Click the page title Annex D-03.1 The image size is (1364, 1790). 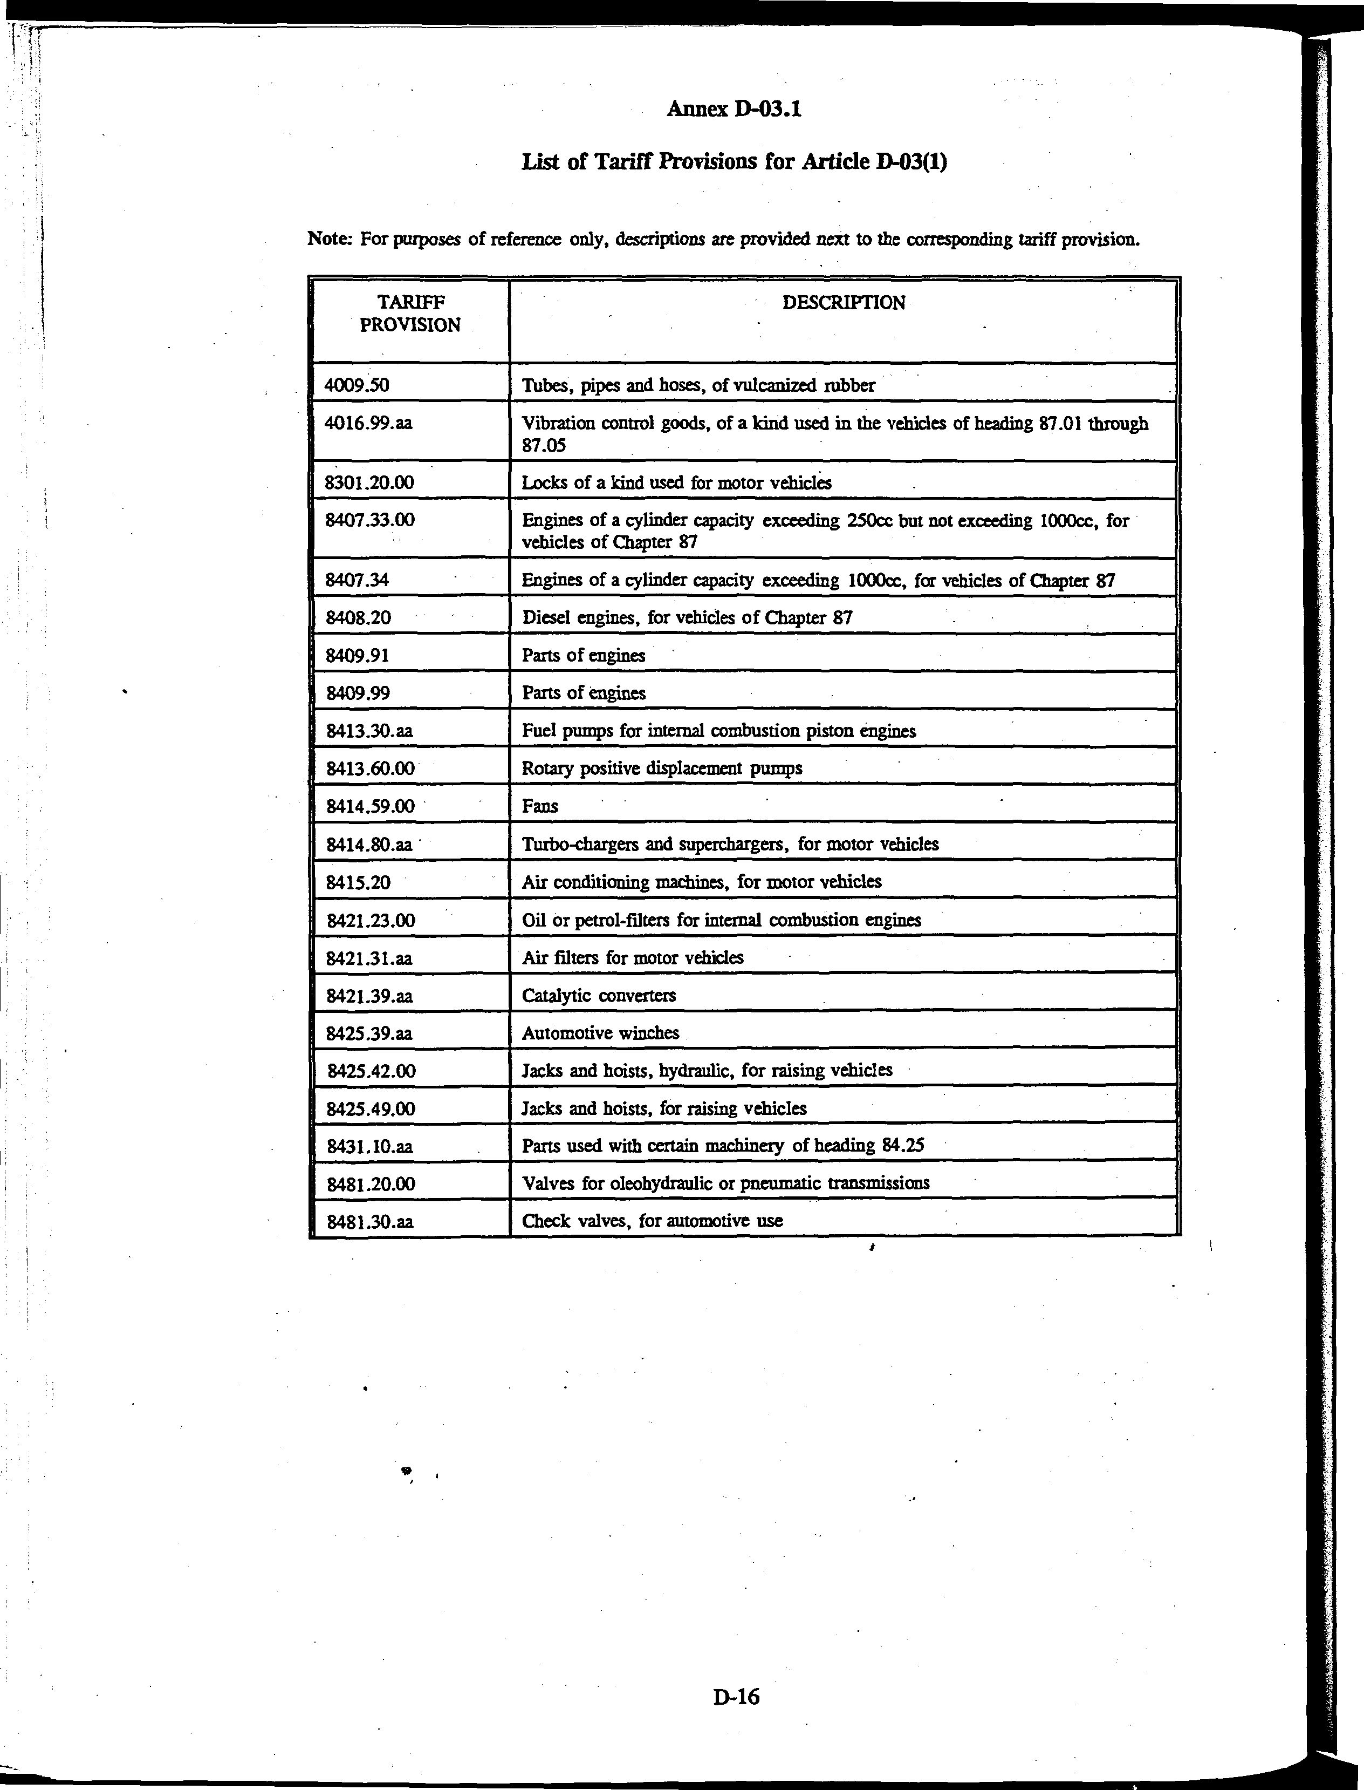(x=733, y=109)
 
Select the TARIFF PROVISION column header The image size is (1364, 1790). (x=410, y=314)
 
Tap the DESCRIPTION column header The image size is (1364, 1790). (x=843, y=303)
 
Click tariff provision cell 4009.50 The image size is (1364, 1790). (x=357, y=385)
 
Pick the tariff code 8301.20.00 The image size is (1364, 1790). (x=369, y=482)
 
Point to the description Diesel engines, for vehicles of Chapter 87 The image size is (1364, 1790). (x=686, y=617)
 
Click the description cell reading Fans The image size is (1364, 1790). (x=540, y=806)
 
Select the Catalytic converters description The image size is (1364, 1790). (x=598, y=995)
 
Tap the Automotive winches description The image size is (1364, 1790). (x=600, y=1033)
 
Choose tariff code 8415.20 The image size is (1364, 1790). (x=358, y=882)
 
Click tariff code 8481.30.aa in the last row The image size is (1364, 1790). (x=369, y=1221)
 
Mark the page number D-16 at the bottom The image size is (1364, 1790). (x=736, y=1696)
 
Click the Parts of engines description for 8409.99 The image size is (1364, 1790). (x=583, y=693)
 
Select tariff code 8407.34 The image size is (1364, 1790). (x=357, y=580)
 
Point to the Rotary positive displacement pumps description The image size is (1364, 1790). (x=662, y=768)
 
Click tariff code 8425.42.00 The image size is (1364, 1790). (x=371, y=1071)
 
